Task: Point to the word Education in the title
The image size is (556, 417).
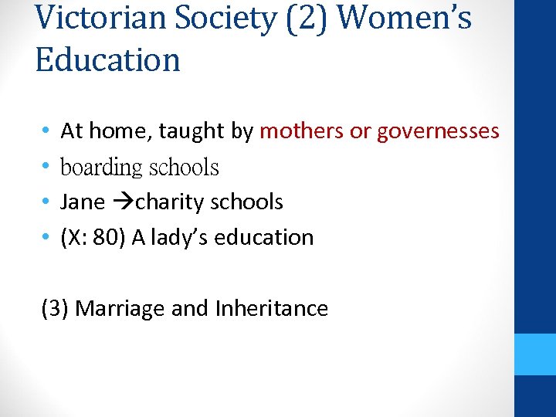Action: pyautogui.click(x=107, y=59)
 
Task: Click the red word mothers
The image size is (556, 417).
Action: pyautogui.click(x=302, y=131)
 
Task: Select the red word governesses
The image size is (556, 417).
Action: pyautogui.click(x=438, y=131)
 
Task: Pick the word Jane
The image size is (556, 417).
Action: pyautogui.click(x=82, y=202)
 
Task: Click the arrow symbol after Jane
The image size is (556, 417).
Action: pyautogui.click(x=122, y=202)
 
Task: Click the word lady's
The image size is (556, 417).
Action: pyautogui.click(x=178, y=238)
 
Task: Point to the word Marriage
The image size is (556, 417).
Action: pyautogui.click(x=120, y=309)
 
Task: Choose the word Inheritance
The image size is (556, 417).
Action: pyautogui.click(x=272, y=309)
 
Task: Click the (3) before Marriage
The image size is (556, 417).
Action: pyautogui.click(x=56, y=309)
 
